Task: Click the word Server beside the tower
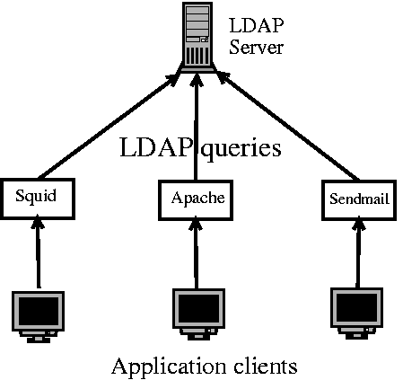(x=256, y=46)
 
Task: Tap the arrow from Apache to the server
(x=197, y=126)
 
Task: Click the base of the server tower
(x=197, y=67)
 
